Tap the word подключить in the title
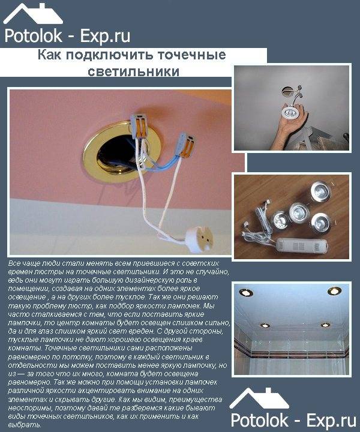[110, 55]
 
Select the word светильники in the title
[134, 71]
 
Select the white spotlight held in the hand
[290, 112]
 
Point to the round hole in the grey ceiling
[286, 91]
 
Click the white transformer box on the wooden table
[302, 246]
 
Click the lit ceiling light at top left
[246, 292]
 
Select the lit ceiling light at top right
[334, 291]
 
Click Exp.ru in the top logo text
[105, 37]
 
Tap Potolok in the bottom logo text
[259, 421]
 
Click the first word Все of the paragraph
[14, 263]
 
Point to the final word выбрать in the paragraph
[25, 425]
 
